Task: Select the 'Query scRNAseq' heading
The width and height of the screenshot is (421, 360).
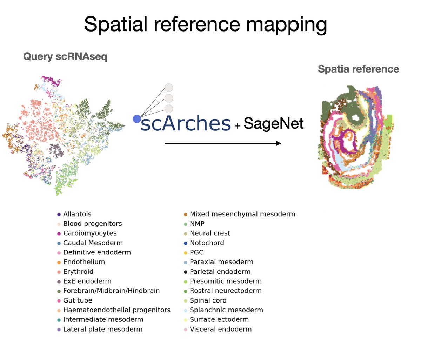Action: (x=65, y=56)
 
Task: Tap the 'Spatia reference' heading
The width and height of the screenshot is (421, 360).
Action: (x=358, y=69)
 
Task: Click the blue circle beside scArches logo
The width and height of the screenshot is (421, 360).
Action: (x=136, y=119)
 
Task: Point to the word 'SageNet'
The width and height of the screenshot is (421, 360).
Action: (x=273, y=123)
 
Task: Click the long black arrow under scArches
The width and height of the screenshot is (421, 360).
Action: (x=223, y=143)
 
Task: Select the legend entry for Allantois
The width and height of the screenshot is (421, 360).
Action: (x=77, y=214)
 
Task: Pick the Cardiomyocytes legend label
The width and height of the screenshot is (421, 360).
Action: (x=89, y=233)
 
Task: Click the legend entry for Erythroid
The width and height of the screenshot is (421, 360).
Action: (x=78, y=272)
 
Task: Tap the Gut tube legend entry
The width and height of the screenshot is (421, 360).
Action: (x=77, y=300)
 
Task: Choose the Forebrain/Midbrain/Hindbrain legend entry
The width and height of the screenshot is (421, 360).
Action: (x=111, y=291)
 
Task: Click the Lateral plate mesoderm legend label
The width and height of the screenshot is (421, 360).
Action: (x=102, y=329)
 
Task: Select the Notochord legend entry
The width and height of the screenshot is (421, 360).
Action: (x=207, y=243)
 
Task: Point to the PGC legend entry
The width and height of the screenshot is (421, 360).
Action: (x=196, y=252)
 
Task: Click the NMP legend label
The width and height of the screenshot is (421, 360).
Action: (x=197, y=224)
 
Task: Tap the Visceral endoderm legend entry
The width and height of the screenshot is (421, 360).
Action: (x=220, y=329)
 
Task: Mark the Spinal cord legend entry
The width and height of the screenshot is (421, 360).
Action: (x=208, y=300)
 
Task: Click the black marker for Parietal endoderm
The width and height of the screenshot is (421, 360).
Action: (x=186, y=272)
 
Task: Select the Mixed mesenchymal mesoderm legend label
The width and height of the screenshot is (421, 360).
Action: (x=242, y=214)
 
